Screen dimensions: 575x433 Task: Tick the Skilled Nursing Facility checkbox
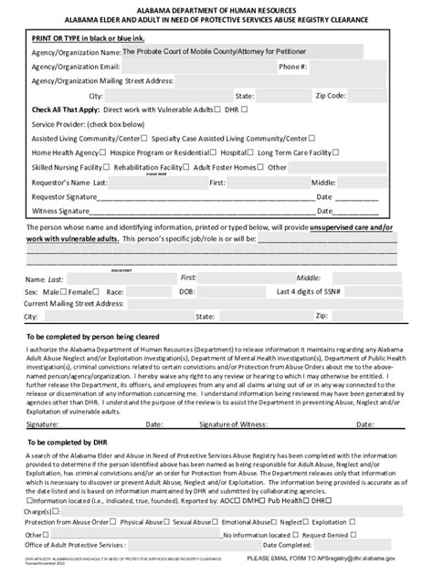click(x=133, y=167)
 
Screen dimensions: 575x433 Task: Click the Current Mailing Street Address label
click(x=74, y=304)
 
